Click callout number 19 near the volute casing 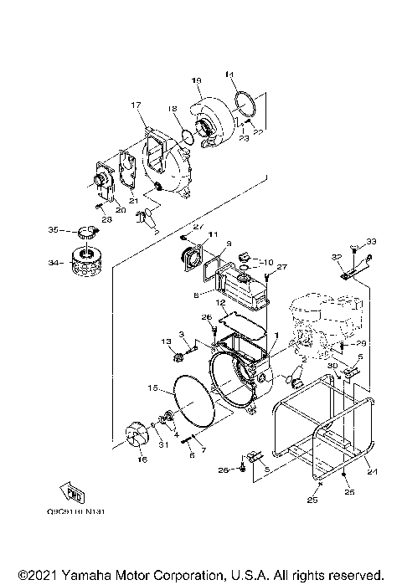click(196, 80)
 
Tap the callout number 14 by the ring click(229, 75)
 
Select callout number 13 click(167, 341)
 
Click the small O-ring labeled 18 click(186, 135)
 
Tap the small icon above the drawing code click(74, 491)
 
